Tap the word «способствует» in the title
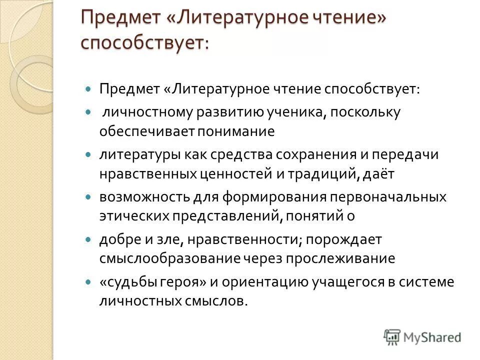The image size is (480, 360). [142, 42]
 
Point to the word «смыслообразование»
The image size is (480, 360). [169, 258]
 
